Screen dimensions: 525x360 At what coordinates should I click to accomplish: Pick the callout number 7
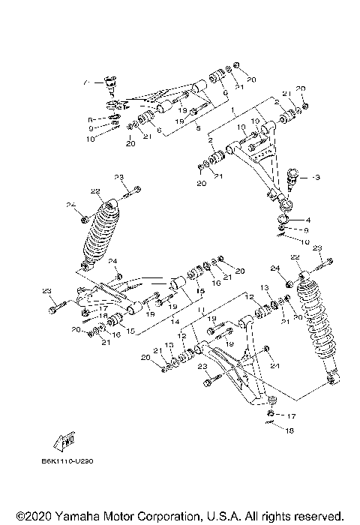pos(87,81)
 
